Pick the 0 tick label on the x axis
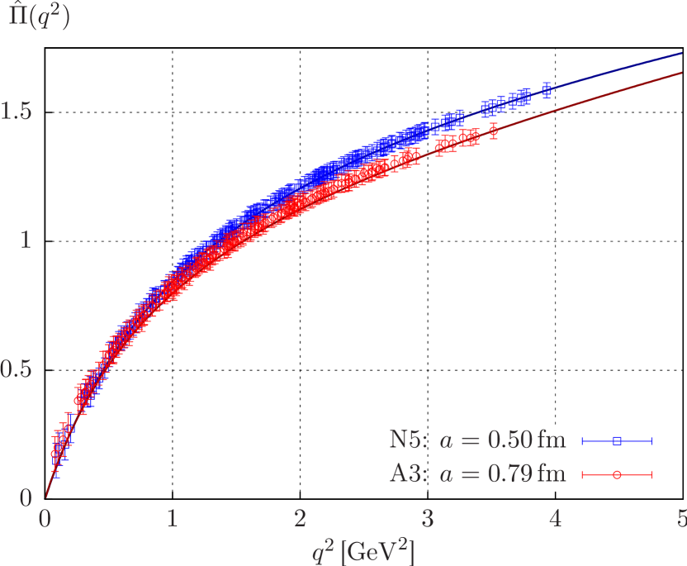coord(45,521)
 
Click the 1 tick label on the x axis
coord(173,521)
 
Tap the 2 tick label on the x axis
coord(301,521)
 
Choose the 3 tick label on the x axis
coord(428,521)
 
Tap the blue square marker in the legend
coord(617,441)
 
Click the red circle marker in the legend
coord(617,474)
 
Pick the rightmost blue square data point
coord(547,90)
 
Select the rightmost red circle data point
coord(493,131)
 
